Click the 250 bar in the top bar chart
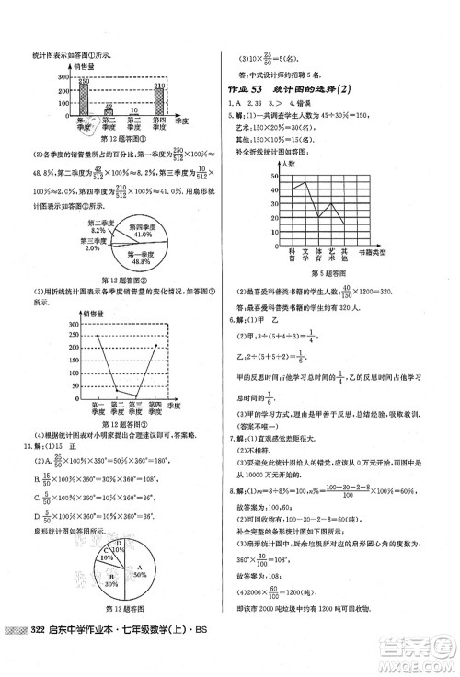[x=83, y=102]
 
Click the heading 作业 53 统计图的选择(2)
[x=290, y=88]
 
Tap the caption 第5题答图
[x=327, y=273]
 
